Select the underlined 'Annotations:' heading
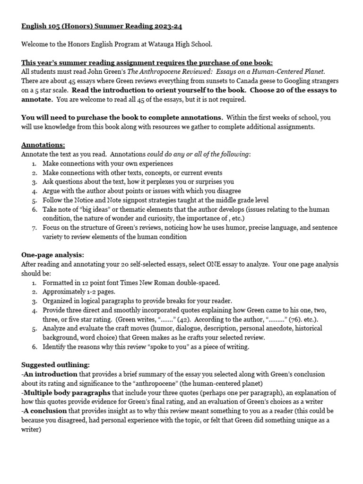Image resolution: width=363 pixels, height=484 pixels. coord(43,145)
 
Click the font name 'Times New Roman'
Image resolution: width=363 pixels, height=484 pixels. coord(142,283)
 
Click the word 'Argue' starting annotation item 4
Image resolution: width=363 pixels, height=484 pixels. coord(51,191)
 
